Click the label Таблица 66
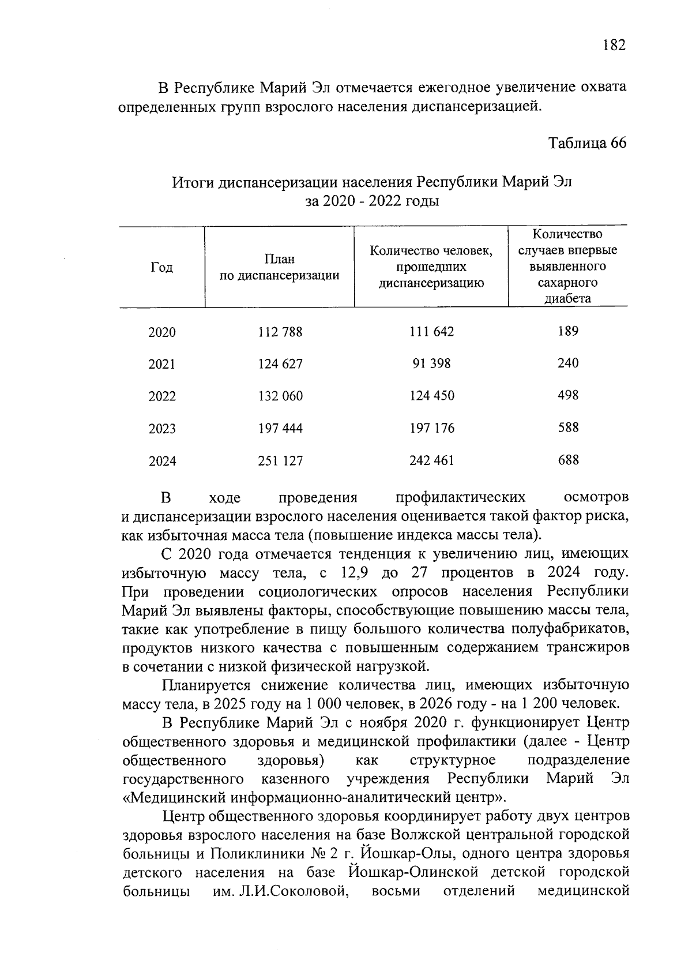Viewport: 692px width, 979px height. click(587, 142)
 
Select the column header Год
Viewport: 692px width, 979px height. click(161, 267)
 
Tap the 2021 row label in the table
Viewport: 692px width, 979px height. click(161, 364)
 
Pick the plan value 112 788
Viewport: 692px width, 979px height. click(280, 332)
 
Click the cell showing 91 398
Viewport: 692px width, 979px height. click(431, 363)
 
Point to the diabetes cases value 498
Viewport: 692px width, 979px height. click(568, 396)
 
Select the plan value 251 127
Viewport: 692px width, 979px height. click(280, 461)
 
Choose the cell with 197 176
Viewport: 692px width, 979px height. click(431, 428)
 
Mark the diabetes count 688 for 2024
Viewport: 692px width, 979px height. click(568, 460)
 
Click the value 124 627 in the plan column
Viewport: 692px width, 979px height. click(280, 364)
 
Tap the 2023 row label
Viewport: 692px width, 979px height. click(161, 429)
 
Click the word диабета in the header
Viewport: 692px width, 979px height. click(568, 299)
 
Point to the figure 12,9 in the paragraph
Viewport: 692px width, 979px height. click(355, 573)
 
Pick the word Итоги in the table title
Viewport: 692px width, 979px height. click(192, 183)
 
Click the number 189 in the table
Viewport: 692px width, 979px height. click(568, 331)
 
